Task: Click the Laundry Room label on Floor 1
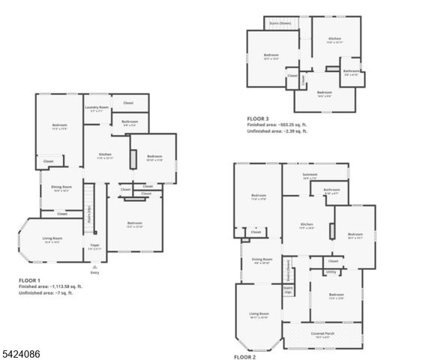(x=96, y=109)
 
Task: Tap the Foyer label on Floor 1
(x=95, y=245)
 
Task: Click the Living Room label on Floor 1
(x=52, y=239)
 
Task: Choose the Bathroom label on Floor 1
(x=129, y=121)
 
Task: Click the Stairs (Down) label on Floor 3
(x=280, y=23)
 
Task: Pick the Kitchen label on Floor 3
(x=334, y=40)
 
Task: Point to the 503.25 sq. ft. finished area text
(x=283, y=125)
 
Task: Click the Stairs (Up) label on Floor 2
(x=287, y=289)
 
